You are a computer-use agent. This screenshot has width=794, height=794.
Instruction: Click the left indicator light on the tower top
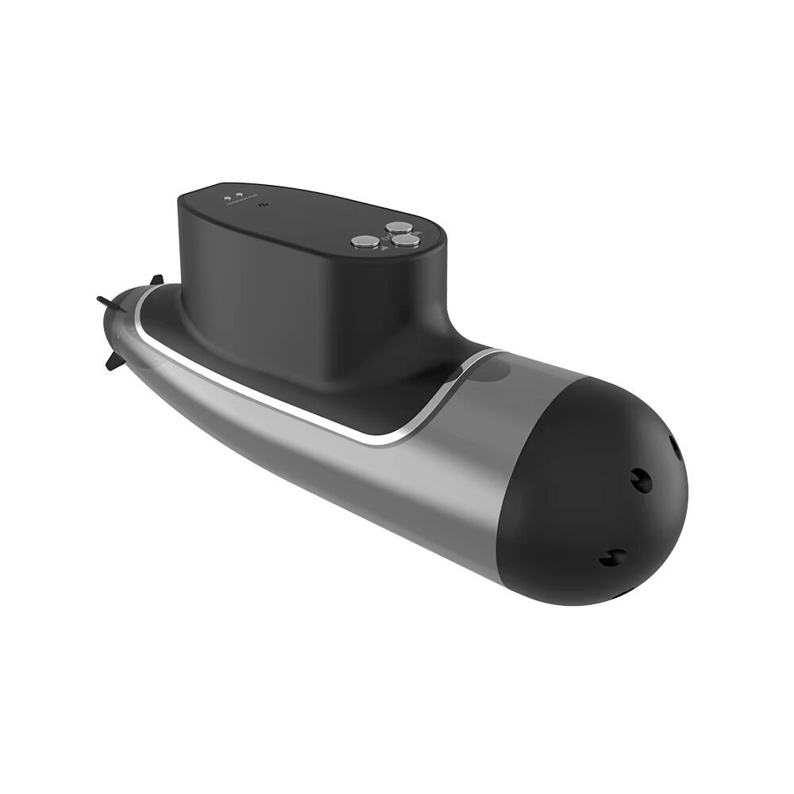(228, 195)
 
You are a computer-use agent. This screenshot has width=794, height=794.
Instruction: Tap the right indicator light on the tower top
(238, 194)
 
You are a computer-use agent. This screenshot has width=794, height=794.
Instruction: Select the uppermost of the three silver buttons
(395, 227)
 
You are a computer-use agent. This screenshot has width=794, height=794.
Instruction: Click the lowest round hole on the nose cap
(613, 558)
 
